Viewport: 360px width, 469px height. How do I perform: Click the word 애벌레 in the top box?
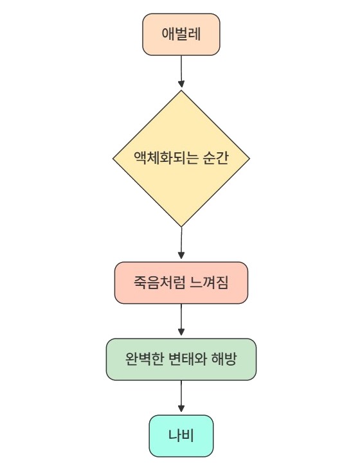coord(181,34)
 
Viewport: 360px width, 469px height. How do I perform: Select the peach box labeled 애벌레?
coord(181,35)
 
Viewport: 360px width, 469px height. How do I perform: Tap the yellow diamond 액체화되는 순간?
coord(181,159)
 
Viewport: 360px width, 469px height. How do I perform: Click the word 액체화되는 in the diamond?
coord(165,157)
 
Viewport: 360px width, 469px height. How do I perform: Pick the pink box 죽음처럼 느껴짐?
coord(181,283)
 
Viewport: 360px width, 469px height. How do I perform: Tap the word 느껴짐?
coord(210,283)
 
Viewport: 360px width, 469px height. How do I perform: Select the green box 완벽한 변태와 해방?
coord(181,359)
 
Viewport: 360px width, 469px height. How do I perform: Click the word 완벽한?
coord(144,359)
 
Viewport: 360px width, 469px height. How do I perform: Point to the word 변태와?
coord(188,359)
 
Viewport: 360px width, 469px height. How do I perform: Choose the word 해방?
coord(224,359)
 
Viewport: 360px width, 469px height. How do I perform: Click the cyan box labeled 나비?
coord(181,436)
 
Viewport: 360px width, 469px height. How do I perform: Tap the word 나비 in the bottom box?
coord(181,436)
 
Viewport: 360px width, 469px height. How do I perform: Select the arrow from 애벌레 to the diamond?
coord(181,71)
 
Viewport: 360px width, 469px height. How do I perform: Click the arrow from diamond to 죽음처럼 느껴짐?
coord(181,243)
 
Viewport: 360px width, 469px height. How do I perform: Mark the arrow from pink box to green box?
coord(181,320)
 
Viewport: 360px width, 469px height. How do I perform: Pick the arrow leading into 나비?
coord(181,396)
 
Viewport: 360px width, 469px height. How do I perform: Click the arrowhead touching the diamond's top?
coord(181,84)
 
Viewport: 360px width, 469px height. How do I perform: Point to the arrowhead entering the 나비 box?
coord(181,409)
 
